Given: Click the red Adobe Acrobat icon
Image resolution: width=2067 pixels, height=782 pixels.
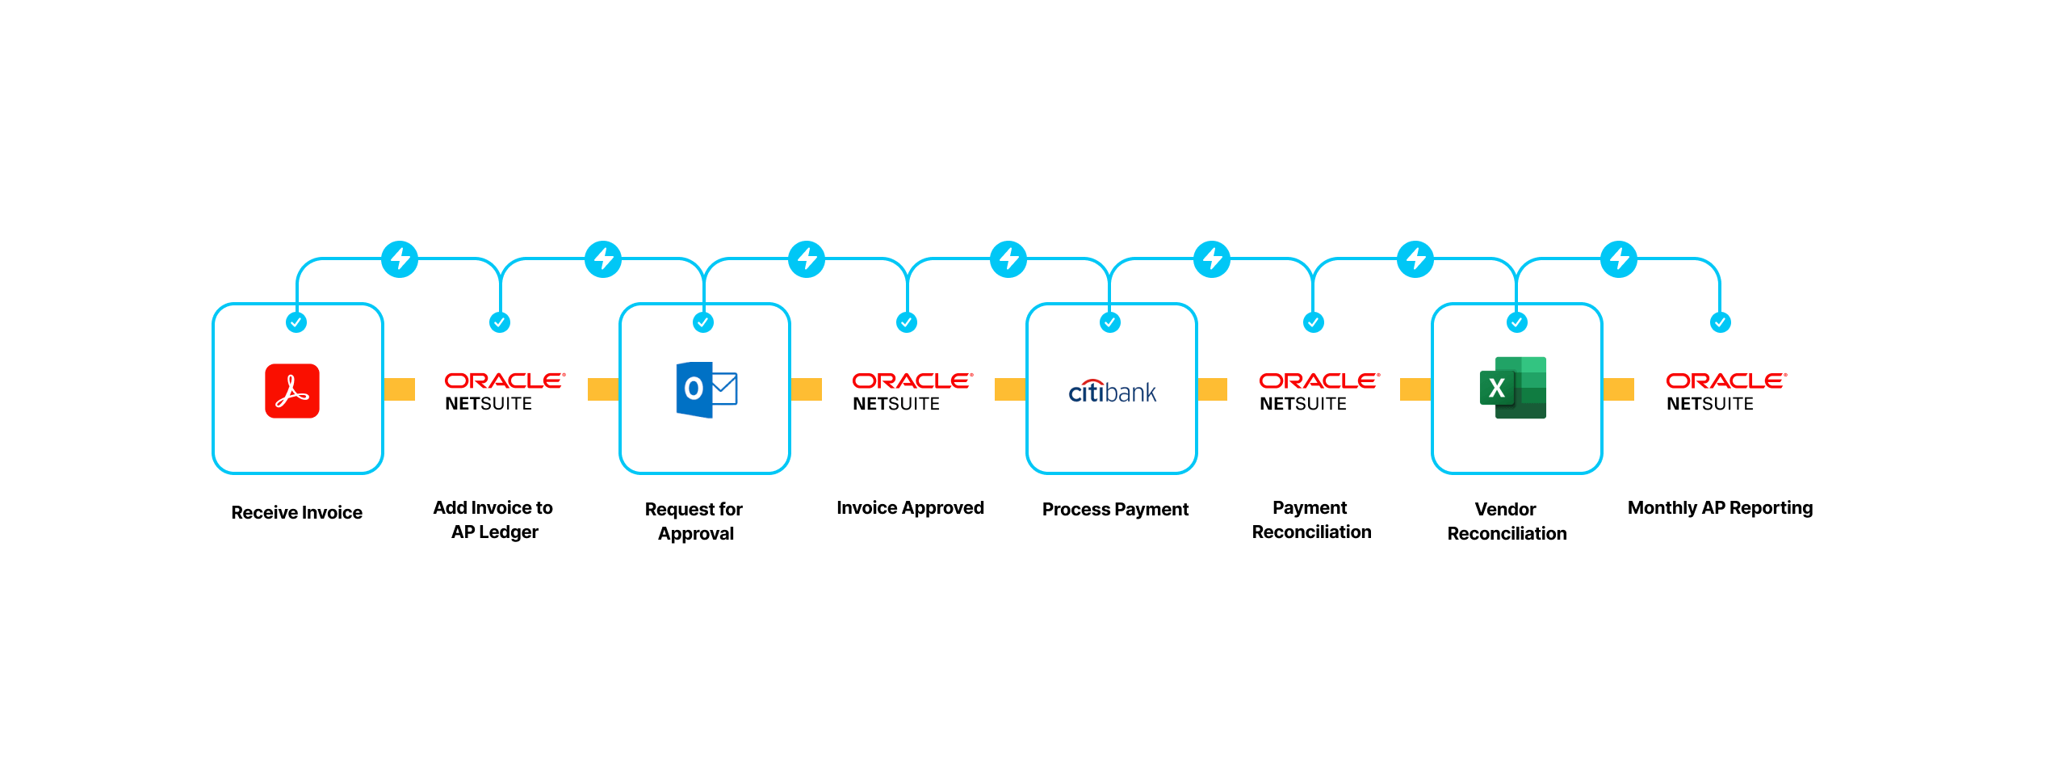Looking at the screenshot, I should (292, 391).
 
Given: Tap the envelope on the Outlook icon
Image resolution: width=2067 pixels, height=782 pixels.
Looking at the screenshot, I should (724, 389).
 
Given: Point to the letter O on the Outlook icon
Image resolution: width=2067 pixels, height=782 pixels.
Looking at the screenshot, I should (694, 389).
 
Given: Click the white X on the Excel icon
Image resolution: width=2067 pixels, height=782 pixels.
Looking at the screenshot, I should (1496, 389).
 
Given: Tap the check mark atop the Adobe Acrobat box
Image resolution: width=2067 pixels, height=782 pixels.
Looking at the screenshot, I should (296, 322).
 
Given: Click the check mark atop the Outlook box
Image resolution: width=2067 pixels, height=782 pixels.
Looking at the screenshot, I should (703, 322).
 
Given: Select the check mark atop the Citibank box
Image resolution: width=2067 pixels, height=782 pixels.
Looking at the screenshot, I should (1110, 322).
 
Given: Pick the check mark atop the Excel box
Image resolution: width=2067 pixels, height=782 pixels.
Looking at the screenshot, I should (1517, 322).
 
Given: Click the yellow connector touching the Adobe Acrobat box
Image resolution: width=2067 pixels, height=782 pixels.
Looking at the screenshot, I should (399, 389).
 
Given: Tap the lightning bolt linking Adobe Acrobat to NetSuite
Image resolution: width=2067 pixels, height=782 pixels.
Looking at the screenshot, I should (400, 259).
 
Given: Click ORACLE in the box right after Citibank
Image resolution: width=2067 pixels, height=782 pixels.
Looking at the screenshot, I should (1319, 380).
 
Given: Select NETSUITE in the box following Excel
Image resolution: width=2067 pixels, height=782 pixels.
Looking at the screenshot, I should (1710, 404).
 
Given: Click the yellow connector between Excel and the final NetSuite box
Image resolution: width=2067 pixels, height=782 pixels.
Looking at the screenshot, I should (1618, 389).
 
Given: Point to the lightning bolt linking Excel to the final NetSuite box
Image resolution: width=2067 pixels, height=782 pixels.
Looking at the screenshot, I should (1619, 259).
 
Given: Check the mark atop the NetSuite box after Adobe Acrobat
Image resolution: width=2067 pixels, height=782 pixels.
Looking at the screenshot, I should (500, 322).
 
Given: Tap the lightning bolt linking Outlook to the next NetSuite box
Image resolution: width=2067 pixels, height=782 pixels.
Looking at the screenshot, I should (807, 259).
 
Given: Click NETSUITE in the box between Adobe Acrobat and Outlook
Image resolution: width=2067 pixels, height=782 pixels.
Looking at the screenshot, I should (488, 404).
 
